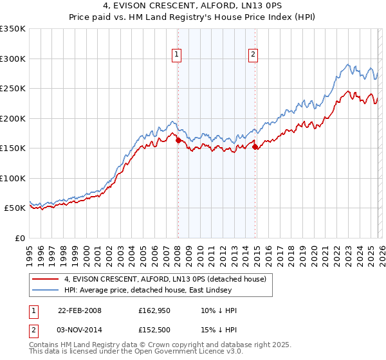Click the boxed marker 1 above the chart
click(176, 55)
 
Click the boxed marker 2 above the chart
click(253, 55)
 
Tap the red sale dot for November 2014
click(255, 147)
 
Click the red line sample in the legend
click(46, 278)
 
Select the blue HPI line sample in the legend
click(46, 290)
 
